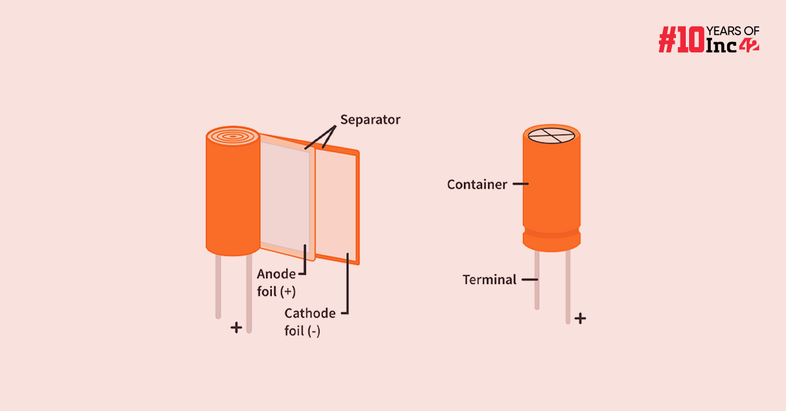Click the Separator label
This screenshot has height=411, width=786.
[x=370, y=120]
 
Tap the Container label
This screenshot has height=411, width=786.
[x=477, y=185]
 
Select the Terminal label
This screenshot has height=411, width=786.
[x=489, y=279]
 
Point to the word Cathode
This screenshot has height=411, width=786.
[x=310, y=313]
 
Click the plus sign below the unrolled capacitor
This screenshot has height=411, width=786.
[x=236, y=327]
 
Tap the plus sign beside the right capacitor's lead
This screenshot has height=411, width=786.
[x=580, y=319]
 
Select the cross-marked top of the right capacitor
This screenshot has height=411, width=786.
[x=552, y=135]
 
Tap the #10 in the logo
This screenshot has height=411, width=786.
[x=681, y=40]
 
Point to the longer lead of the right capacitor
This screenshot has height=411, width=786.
[x=568, y=288]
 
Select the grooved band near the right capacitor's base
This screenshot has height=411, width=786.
[x=552, y=233]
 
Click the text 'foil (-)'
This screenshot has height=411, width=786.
[x=302, y=331]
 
